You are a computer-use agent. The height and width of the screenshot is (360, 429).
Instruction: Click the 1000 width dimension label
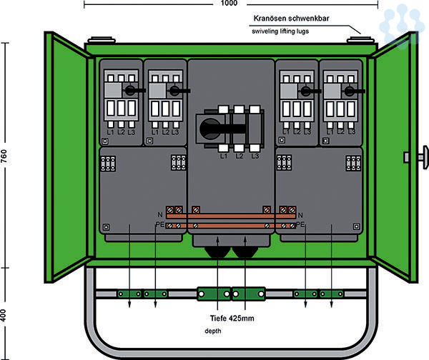[x=228, y=4]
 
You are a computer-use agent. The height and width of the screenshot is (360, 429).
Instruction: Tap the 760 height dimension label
[x=5, y=158]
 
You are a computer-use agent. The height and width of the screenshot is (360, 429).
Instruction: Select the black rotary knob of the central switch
[x=210, y=129]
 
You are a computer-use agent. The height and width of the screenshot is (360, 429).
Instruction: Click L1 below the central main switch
[x=223, y=155]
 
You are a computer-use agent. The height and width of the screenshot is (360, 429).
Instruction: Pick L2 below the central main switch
[x=240, y=155]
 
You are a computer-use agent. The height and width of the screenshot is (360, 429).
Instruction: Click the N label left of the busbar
[x=159, y=214]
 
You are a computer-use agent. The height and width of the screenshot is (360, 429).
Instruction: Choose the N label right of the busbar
[x=300, y=214]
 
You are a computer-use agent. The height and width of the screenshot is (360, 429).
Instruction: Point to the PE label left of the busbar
[x=159, y=225]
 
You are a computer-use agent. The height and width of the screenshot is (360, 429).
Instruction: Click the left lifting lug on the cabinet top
[x=99, y=39]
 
